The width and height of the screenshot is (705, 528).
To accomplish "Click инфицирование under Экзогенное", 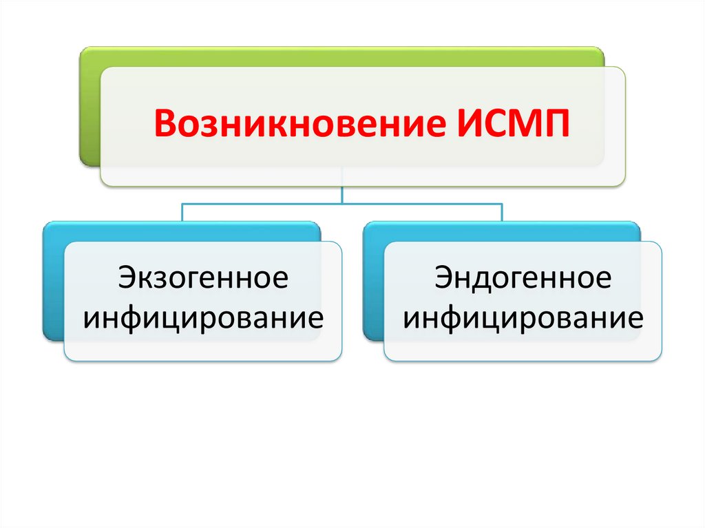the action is point(202,318).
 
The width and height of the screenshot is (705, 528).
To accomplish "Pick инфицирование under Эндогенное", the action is point(523,318).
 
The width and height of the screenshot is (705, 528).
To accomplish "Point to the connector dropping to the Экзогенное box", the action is point(182,212).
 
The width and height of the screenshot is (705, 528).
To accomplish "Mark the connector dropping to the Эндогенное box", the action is point(502,212).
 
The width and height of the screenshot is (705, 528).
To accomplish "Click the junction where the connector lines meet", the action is point(342,203).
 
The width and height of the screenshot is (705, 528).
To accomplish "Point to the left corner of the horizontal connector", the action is point(182,203).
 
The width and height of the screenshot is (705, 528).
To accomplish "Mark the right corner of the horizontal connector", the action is point(502,203).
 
